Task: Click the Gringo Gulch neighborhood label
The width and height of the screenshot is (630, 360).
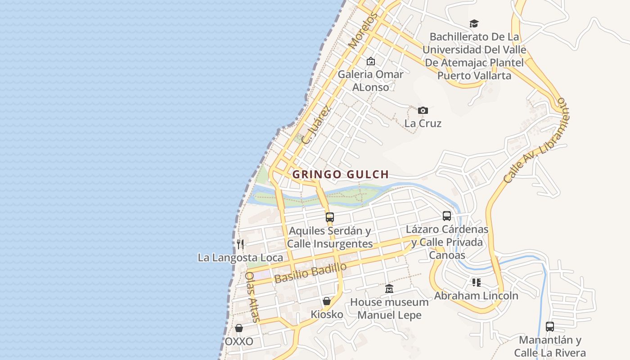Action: pyautogui.click(x=340, y=174)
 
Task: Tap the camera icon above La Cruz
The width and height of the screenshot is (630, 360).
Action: pyautogui.click(x=423, y=110)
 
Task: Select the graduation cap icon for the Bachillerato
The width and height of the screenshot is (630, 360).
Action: pyautogui.click(x=474, y=23)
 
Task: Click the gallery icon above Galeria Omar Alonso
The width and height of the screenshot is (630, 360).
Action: pyautogui.click(x=370, y=61)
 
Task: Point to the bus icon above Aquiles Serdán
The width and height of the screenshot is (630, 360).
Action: pyautogui.click(x=330, y=217)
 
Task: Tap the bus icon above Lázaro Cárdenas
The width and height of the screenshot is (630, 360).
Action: pyautogui.click(x=446, y=216)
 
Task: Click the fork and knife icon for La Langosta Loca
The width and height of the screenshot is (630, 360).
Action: pyautogui.click(x=240, y=244)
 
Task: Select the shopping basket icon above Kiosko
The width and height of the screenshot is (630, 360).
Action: pyautogui.click(x=327, y=301)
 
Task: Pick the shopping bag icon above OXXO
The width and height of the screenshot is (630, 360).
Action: pyautogui.click(x=239, y=328)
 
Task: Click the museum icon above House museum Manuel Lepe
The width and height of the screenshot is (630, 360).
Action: pyautogui.click(x=389, y=288)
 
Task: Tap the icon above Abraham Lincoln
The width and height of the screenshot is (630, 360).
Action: pyautogui.click(x=476, y=283)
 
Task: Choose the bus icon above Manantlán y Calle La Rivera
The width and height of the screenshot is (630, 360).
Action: pyautogui.click(x=549, y=327)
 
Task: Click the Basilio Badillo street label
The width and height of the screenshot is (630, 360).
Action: pyautogui.click(x=310, y=273)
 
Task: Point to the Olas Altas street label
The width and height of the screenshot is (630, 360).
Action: pyautogui.click(x=252, y=297)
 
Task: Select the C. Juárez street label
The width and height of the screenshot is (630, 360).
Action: pyautogui.click(x=317, y=125)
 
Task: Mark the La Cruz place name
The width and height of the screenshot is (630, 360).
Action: pyautogui.click(x=423, y=123)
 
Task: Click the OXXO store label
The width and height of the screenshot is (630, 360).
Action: pyautogui.click(x=239, y=342)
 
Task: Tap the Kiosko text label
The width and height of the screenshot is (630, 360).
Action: pyautogui.click(x=327, y=314)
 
